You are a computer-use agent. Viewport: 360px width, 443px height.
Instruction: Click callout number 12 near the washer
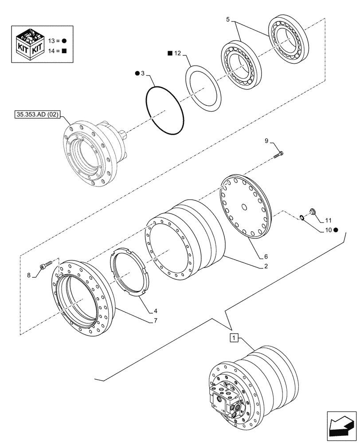click(177, 54)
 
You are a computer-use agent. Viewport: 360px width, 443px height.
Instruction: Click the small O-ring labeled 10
click(301, 217)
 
